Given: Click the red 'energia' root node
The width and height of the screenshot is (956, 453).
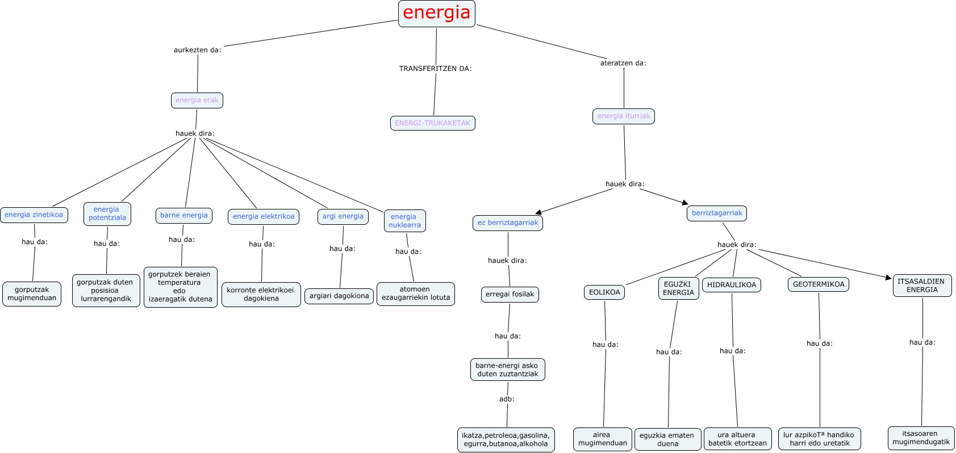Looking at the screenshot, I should pyautogui.click(x=436, y=13).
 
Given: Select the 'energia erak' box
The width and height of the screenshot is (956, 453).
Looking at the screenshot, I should pyautogui.click(x=197, y=100).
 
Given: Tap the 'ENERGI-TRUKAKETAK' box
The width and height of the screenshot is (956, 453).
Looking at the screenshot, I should pyautogui.click(x=432, y=123).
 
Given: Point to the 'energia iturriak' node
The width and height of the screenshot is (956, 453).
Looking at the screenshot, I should pyautogui.click(x=624, y=116).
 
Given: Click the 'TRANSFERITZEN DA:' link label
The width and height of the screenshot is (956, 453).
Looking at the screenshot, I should pyautogui.click(x=435, y=69).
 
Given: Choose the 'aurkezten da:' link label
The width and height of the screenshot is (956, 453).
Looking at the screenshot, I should pyautogui.click(x=197, y=50).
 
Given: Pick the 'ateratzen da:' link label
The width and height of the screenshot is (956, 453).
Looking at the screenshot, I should pyautogui.click(x=623, y=63).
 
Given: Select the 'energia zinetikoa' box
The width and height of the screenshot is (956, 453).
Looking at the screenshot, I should pyautogui.click(x=34, y=215).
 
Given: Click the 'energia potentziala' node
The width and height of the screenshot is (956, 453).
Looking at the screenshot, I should pyautogui.click(x=107, y=214).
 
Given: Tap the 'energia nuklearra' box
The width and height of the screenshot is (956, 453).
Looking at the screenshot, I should pyautogui.click(x=404, y=221).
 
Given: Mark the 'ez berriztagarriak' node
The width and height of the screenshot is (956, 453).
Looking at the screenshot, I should pyautogui.click(x=508, y=223).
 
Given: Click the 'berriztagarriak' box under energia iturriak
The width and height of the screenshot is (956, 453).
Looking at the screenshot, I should pyautogui.click(x=717, y=213).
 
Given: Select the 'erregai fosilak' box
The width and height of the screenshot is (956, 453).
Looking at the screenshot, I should pyautogui.click(x=510, y=295).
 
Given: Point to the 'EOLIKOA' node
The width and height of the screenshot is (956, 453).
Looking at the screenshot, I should pyautogui.click(x=604, y=292).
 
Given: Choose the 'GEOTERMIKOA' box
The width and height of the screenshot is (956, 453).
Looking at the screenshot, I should pyautogui.click(x=819, y=284).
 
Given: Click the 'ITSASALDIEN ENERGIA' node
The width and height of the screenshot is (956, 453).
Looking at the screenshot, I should pyautogui.click(x=922, y=286).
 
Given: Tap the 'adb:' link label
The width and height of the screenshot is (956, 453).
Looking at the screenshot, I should pyautogui.click(x=507, y=399).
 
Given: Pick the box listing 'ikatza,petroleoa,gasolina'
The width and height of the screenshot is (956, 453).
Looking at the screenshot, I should pyautogui.click(x=506, y=440).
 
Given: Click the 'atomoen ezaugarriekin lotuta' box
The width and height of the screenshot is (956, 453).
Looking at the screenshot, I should pyautogui.click(x=416, y=293).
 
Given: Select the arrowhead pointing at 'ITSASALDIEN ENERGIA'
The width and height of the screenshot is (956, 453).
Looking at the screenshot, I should pyautogui.click(x=889, y=277).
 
